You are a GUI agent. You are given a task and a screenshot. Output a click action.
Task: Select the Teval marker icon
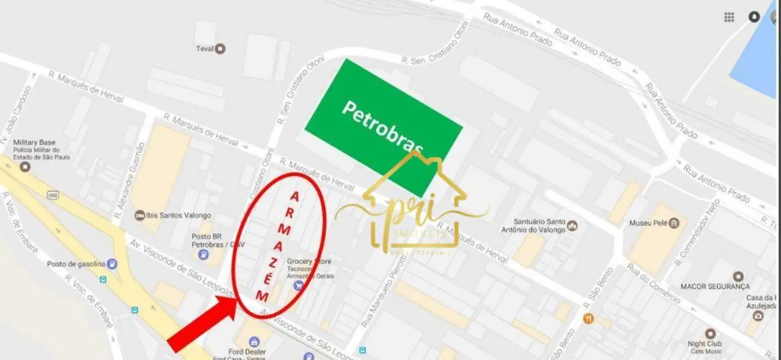pos(220,49)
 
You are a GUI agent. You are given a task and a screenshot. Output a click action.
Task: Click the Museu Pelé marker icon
pos(674,224)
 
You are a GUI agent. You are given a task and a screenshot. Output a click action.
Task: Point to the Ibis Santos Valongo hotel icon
pos(140,215)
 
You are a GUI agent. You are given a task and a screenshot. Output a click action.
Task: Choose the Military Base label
pos(34,142)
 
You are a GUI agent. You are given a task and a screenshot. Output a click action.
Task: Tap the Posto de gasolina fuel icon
pos(112,264)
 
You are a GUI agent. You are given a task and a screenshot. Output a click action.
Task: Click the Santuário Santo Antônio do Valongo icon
pos(572,225)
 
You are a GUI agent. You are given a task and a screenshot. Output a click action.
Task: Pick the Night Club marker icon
pos(710,333)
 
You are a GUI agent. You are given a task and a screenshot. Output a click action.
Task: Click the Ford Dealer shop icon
pos(254,341)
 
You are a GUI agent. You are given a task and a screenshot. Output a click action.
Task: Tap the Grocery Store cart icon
pos(298,285)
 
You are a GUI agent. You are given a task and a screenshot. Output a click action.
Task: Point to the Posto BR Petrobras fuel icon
pos(203,254)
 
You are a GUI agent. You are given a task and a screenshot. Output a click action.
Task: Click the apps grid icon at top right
pos(729,17)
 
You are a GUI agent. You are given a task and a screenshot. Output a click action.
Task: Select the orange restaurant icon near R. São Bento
pos(588,318)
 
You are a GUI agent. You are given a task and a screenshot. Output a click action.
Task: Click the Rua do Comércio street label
pos(653,283)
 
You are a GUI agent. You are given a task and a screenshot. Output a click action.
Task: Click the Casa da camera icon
pos(757,316)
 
